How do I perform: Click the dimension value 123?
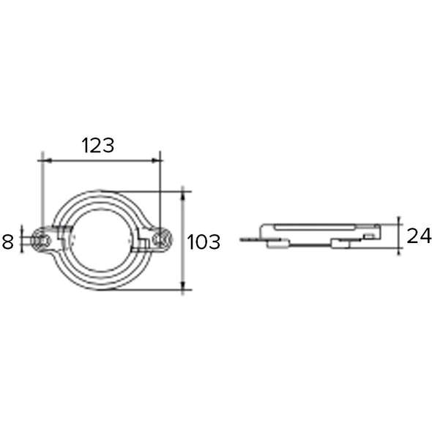pos(97,145)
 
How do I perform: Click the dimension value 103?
pos(204,241)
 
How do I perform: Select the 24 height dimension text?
pos(418,236)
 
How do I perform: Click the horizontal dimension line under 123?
pos(101,159)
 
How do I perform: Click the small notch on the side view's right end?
pos(373,235)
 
